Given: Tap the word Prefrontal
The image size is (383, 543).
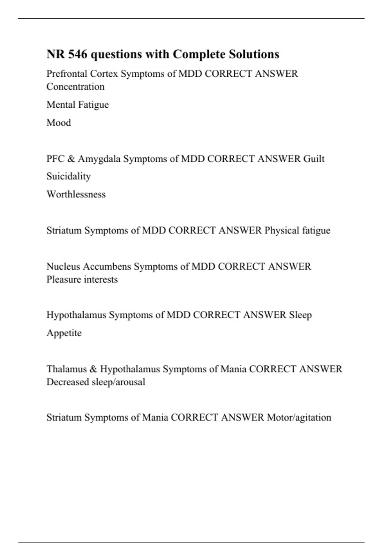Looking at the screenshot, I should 67,74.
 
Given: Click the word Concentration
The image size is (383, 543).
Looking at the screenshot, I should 75,87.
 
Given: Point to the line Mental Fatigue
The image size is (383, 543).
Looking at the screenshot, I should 78,105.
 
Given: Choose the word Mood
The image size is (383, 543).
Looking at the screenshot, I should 59,123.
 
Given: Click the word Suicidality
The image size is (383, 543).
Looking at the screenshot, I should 69,176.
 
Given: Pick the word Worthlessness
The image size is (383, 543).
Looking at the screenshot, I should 76,194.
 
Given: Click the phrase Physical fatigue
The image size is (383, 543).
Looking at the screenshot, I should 297,230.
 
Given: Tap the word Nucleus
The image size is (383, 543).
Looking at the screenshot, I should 63,266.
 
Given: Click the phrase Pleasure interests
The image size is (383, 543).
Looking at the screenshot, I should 82,279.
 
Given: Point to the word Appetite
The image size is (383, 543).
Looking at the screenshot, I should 64,333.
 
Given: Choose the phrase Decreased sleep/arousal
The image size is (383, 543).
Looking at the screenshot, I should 96,382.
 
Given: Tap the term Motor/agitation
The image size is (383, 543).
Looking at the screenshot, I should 299,417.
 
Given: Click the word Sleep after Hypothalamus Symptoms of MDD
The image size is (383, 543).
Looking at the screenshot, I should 300,315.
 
